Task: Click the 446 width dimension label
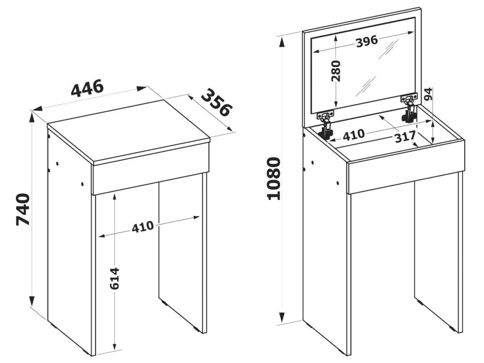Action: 87,88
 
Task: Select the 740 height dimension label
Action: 23,209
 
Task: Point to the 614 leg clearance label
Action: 114,278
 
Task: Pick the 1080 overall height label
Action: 273,179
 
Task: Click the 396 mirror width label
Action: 367,42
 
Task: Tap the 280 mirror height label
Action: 336,71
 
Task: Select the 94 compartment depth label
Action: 428,94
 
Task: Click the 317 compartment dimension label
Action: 405,137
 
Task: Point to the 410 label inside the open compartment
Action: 354,135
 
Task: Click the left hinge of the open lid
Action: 325,126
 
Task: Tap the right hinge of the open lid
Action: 410,108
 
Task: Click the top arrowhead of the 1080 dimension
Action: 282,42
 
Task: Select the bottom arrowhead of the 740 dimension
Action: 32,301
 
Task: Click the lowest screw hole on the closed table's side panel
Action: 82,184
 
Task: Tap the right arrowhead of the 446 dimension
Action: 142,89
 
